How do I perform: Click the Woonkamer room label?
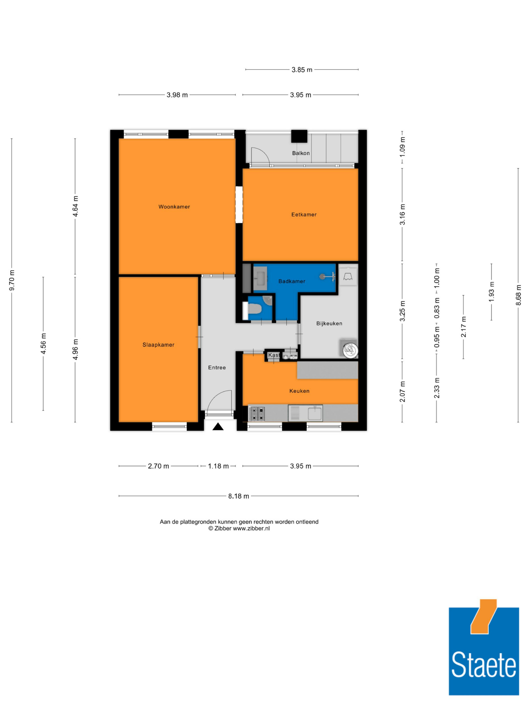click(x=174, y=207)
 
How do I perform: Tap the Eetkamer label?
click(x=304, y=214)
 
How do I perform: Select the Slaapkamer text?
click(x=158, y=345)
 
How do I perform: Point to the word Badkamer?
click(x=292, y=281)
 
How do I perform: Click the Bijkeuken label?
click(x=329, y=323)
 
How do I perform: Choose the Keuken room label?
click(x=299, y=391)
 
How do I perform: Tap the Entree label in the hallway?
click(x=217, y=367)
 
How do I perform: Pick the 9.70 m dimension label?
click(x=12, y=280)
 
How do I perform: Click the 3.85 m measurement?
click(x=302, y=70)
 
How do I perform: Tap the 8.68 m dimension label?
click(x=518, y=295)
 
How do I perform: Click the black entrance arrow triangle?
click(x=218, y=426)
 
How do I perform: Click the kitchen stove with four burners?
click(x=257, y=413)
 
